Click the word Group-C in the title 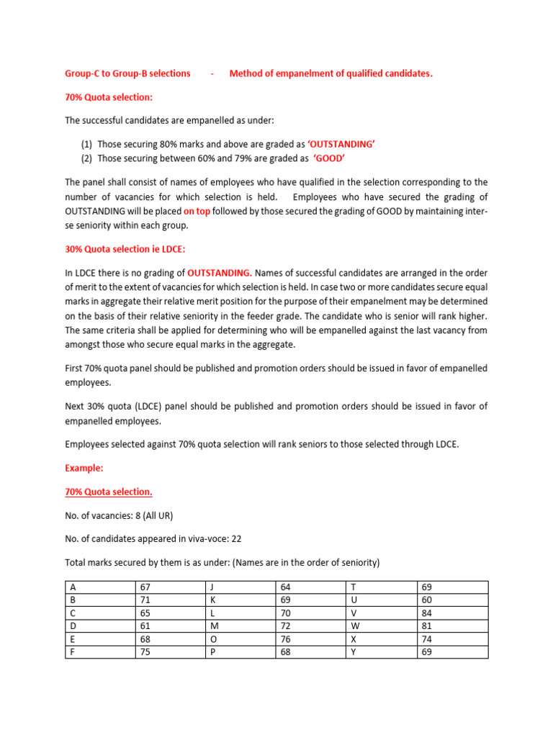click(x=83, y=73)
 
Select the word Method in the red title click(x=247, y=73)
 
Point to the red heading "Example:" click(x=84, y=468)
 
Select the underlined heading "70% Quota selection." click(x=109, y=492)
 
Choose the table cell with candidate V click(x=382, y=613)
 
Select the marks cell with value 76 click(x=311, y=639)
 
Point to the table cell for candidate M click(x=241, y=626)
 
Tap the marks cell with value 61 click(x=171, y=626)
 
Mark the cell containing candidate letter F click(x=100, y=652)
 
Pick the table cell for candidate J click(x=241, y=587)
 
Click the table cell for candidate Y click(x=382, y=652)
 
